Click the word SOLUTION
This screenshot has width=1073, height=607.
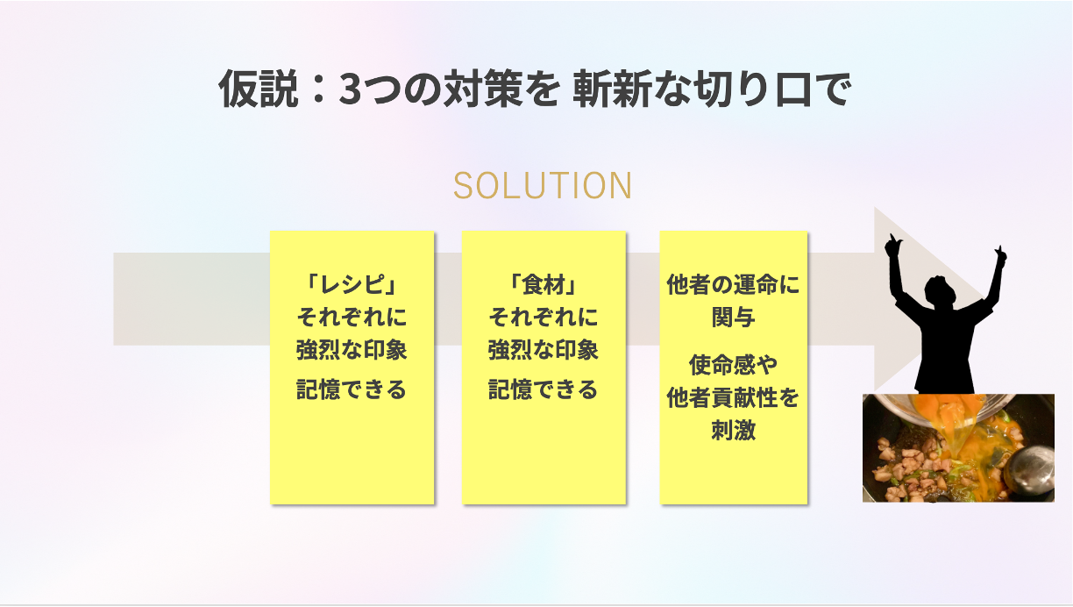[x=543, y=186]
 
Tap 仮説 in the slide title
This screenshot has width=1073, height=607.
[x=259, y=89]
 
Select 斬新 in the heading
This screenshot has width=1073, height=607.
[x=612, y=89]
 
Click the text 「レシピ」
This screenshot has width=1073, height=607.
[x=352, y=284]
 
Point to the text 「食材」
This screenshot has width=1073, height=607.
[x=544, y=284]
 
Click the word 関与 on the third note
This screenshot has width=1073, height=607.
[x=734, y=317]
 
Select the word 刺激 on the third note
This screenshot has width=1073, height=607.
[x=734, y=430]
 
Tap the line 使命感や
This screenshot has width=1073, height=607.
[x=734, y=365]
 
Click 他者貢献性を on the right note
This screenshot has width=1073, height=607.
[x=734, y=397]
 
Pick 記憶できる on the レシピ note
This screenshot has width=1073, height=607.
[x=352, y=389]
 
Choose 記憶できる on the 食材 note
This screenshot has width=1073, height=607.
[x=544, y=389]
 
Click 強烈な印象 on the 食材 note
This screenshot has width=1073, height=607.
[x=544, y=349]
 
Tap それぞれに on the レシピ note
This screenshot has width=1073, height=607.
[x=352, y=317]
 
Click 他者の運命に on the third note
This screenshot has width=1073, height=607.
[x=734, y=284]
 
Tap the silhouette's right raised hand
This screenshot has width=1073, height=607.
[x=1000, y=256]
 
